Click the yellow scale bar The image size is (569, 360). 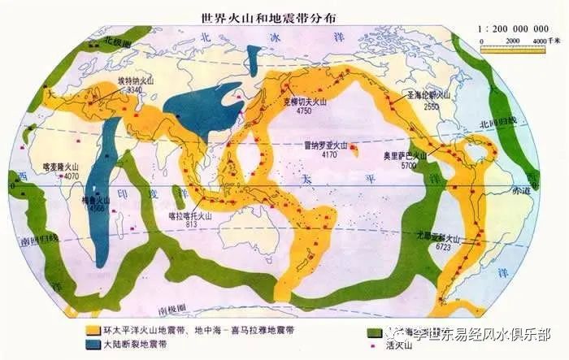[x=512, y=50]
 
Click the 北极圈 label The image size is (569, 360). [x=105, y=39]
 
